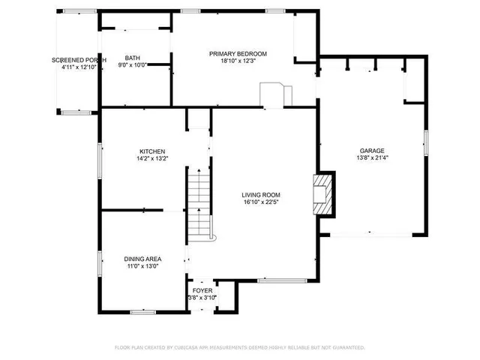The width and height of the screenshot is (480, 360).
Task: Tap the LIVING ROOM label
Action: point(261,195)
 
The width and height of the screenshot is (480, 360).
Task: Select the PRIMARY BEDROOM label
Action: point(238,53)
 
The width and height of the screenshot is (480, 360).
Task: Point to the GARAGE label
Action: point(371,150)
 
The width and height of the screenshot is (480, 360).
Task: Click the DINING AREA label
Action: point(141,259)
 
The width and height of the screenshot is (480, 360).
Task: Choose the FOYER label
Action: point(202,290)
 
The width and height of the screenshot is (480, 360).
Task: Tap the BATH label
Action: point(132,58)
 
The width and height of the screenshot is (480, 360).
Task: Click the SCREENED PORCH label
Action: point(78,60)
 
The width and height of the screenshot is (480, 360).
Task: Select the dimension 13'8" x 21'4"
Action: point(371,157)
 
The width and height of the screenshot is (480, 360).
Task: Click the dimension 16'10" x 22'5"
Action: point(261,202)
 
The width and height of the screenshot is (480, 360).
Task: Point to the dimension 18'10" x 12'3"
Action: point(238,61)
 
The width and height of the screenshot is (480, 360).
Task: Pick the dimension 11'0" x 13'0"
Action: point(141,266)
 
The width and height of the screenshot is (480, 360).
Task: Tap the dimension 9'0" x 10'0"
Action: point(132,65)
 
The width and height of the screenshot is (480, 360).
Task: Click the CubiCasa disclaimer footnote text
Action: point(239,347)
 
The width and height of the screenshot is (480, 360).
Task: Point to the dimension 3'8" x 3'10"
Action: point(202,298)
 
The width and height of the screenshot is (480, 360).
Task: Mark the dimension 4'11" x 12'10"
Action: point(78,67)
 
